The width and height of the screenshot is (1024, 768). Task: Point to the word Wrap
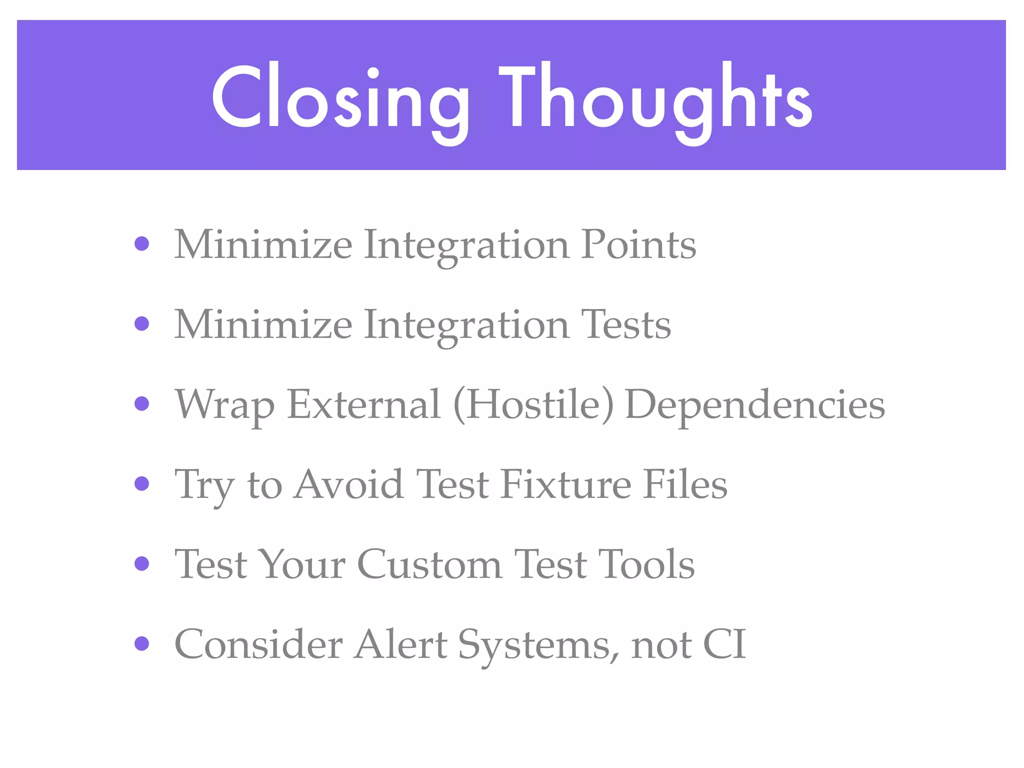pos(224,404)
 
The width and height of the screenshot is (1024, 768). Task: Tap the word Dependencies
pos(755,405)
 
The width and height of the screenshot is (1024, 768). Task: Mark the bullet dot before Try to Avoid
pos(142,483)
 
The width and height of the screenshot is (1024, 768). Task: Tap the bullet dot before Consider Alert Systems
pos(142,643)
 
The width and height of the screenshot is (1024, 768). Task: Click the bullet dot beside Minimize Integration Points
pos(142,244)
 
